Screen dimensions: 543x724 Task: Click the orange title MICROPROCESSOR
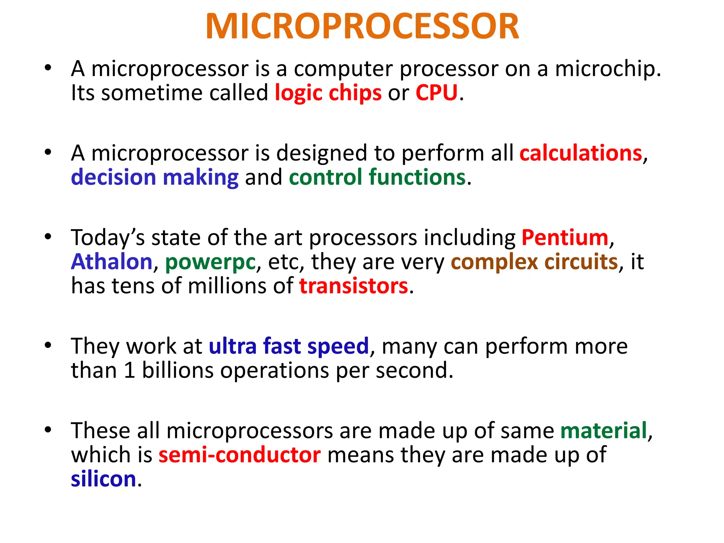362,27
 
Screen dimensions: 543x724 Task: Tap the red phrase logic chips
328,93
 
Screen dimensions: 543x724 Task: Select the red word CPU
436,93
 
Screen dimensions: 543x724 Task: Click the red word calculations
580,153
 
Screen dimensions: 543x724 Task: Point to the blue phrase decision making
155,177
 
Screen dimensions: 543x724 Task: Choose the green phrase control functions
377,177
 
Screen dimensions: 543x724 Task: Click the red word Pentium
565,237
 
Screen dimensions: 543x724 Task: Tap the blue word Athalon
112,262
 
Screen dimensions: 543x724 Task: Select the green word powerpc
210,262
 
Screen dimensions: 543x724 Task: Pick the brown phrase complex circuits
534,262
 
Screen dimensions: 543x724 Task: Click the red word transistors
354,286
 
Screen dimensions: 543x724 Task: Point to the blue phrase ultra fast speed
289,346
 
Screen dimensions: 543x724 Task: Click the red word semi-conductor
240,455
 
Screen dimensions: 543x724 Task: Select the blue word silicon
104,479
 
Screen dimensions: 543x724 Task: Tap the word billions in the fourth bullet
178,370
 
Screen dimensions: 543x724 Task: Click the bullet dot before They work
48,345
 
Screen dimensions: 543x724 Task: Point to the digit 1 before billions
130,370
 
